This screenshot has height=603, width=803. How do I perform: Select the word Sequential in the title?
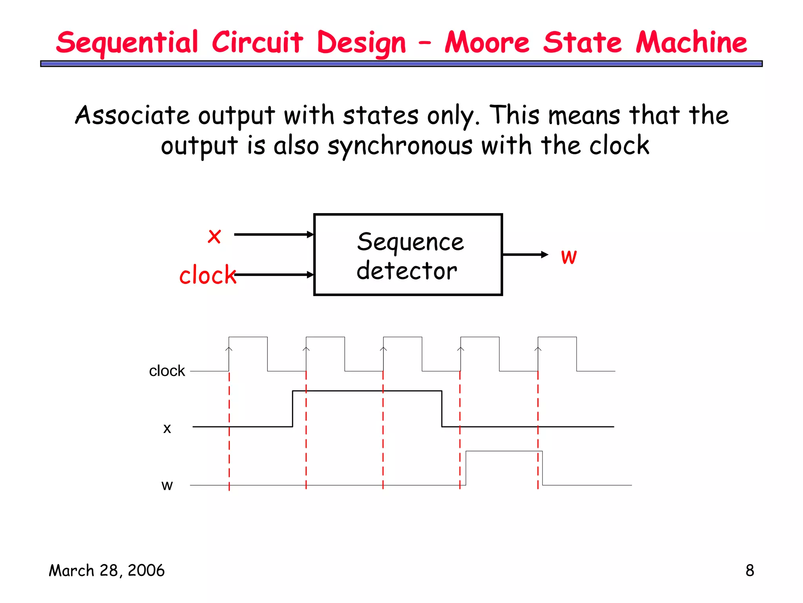127,43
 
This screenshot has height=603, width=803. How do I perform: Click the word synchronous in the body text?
400,146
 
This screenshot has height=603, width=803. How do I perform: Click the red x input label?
214,236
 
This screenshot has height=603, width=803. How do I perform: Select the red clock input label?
207,274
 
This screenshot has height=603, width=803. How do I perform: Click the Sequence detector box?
408,255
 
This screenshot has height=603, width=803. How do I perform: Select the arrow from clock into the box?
274,275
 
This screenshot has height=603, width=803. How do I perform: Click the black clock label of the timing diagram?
167,371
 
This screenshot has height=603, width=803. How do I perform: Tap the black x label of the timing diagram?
167,428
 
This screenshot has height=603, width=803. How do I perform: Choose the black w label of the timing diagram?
167,486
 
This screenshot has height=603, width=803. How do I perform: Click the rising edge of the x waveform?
292,409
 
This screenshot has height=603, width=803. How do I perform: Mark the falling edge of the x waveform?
442,409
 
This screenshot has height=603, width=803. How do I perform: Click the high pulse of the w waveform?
504,452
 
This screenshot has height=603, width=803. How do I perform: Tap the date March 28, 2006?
107,571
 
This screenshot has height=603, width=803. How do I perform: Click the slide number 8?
749,571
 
